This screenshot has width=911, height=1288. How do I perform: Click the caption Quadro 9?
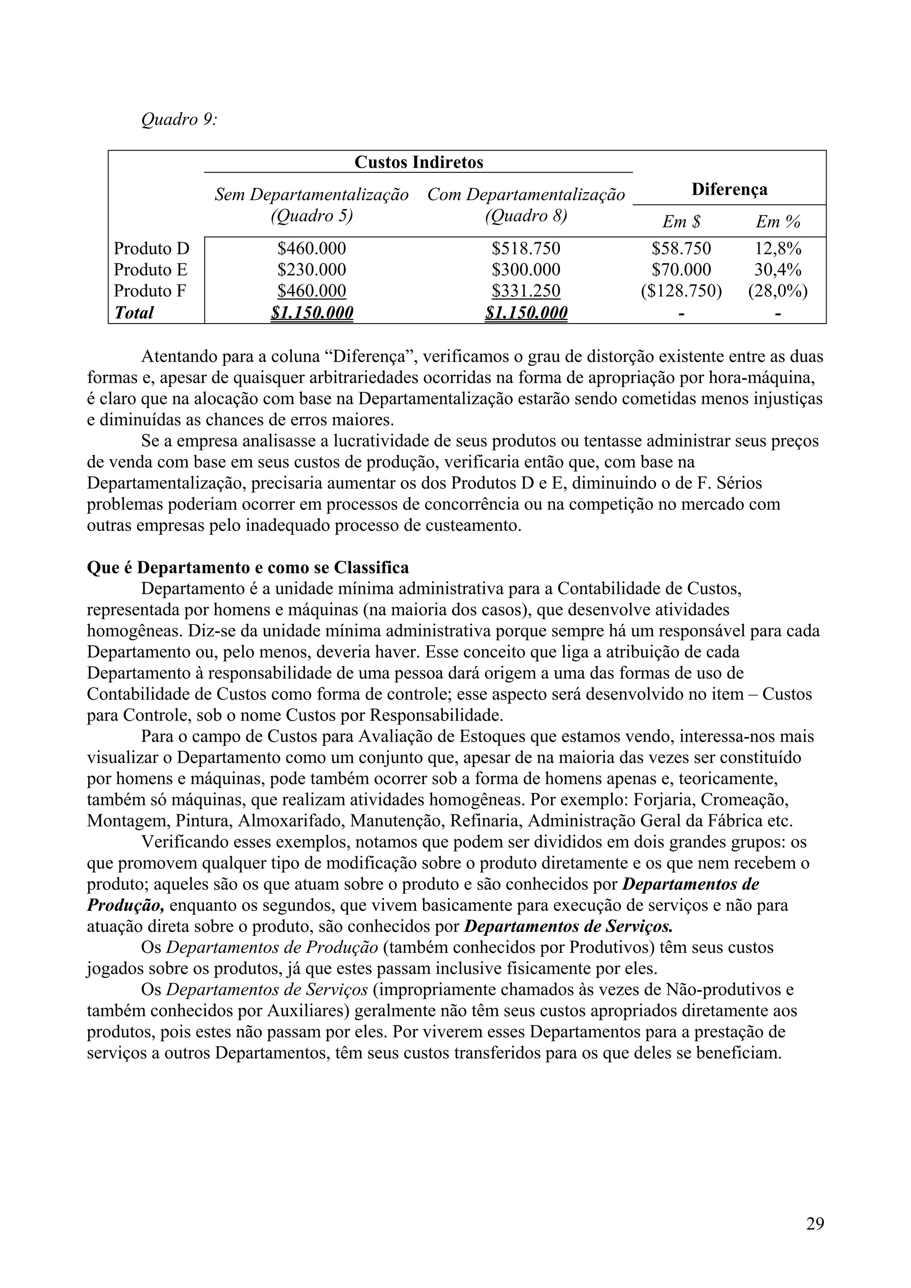pyautogui.click(x=178, y=120)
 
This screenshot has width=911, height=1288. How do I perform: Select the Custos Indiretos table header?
pyautogui.click(x=418, y=163)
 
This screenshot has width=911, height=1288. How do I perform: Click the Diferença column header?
pyautogui.click(x=729, y=190)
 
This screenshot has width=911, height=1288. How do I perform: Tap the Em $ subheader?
pyautogui.click(x=681, y=222)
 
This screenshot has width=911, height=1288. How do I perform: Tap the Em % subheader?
pyautogui.click(x=778, y=222)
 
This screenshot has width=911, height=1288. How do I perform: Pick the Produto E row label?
pyautogui.click(x=150, y=270)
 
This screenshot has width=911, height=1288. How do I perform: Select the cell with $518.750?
pyautogui.click(x=525, y=248)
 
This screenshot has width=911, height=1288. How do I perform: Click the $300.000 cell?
pyautogui.click(x=525, y=270)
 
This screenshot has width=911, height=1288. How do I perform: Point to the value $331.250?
pyautogui.click(x=525, y=291)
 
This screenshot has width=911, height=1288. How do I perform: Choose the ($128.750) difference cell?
pyautogui.click(x=681, y=291)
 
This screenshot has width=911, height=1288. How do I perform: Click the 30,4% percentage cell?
pyautogui.click(x=778, y=270)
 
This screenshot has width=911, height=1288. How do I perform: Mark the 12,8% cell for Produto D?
pyautogui.click(x=778, y=248)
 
